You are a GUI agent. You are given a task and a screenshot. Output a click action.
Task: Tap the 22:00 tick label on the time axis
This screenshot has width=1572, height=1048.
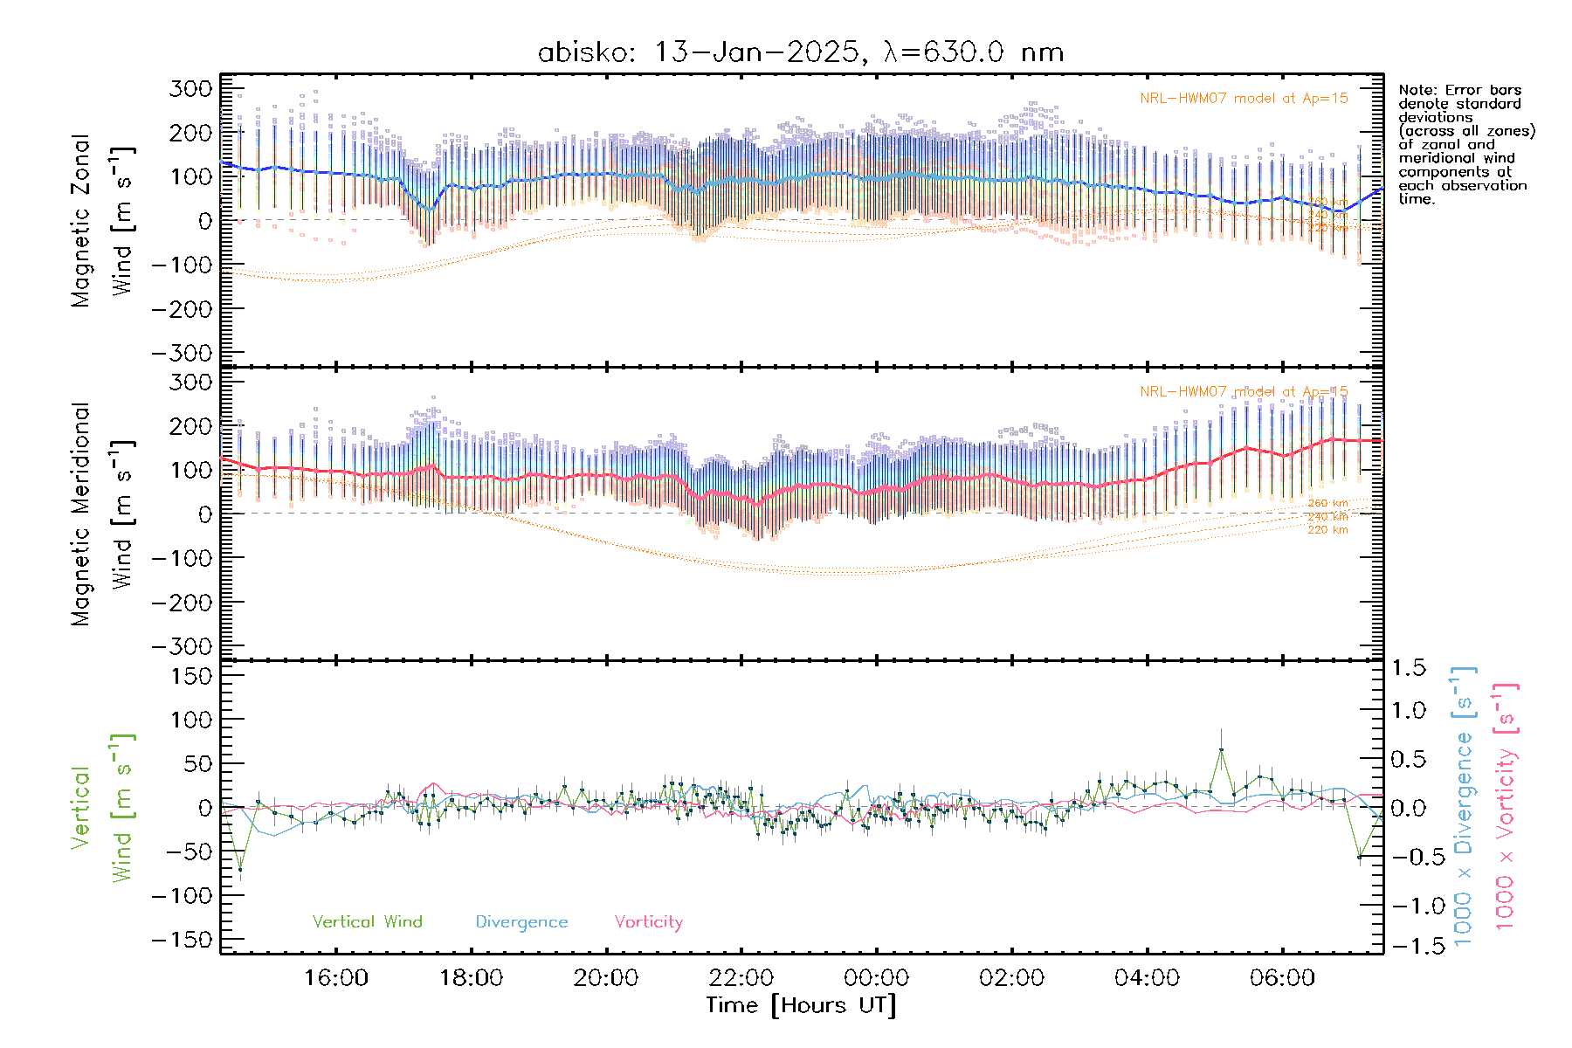(x=741, y=977)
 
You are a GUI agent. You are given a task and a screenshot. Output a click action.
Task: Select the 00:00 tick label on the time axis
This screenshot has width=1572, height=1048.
(x=877, y=977)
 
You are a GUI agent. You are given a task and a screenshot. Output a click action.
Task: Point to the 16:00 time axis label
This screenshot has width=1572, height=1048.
(x=335, y=977)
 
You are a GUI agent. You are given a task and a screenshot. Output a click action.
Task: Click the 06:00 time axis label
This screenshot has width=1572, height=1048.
(x=1282, y=977)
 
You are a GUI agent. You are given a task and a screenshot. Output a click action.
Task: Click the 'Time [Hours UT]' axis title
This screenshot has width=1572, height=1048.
(x=801, y=1005)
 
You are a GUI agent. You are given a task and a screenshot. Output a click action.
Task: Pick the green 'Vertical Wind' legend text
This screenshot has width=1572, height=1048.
(x=367, y=922)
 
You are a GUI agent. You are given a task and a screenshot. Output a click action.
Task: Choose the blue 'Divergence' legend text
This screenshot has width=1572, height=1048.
(x=521, y=922)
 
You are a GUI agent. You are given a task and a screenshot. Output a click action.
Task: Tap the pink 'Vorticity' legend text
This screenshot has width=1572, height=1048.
(x=648, y=922)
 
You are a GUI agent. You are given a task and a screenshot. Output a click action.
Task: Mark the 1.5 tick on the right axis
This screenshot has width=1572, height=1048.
(x=1409, y=668)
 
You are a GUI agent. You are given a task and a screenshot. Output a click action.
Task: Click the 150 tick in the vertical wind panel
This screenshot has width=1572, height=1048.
(x=191, y=676)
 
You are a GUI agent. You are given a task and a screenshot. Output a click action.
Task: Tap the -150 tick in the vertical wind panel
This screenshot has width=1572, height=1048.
(x=183, y=940)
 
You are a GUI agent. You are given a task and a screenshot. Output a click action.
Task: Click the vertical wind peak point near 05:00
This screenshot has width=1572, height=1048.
(x=1221, y=749)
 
